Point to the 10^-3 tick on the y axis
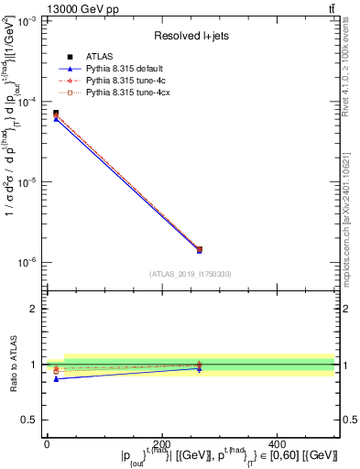tap(26, 21)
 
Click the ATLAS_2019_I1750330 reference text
tap(190, 274)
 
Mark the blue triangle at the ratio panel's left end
tap(55, 378)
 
